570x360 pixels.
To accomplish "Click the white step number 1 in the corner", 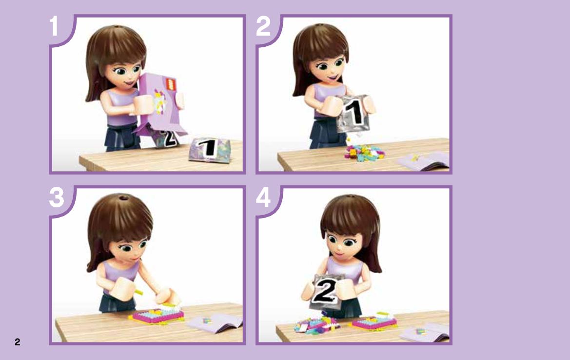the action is tap(54, 26).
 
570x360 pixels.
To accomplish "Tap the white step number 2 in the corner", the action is tap(263, 26).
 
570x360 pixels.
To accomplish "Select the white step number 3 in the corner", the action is tap(57, 198).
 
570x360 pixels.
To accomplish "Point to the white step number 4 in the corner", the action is tap(263, 198).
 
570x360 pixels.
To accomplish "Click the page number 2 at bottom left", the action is tap(17, 342).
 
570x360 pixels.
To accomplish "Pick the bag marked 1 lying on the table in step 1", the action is tap(210, 149).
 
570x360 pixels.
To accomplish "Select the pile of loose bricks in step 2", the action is tap(364, 152).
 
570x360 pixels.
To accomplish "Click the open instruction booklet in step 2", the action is tap(424, 160).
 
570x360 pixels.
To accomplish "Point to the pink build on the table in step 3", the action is tap(157, 315).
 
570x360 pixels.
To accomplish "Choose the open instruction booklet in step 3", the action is tap(215, 322).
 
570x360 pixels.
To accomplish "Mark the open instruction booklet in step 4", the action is tap(424, 332).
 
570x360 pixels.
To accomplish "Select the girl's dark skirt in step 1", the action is tap(123, 137).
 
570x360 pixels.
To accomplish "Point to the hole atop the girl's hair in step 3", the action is tap(123, 198).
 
